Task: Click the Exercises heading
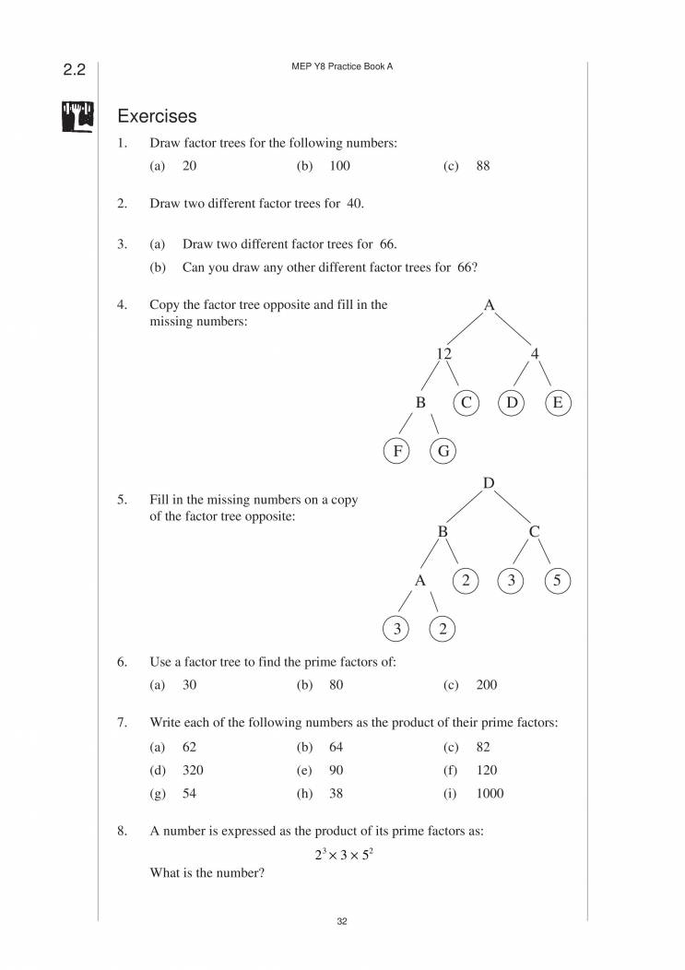(x=157, y=117)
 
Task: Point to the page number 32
(x=342, y=921)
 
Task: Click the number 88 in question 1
(x=484, y=166)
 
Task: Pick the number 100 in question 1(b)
(x=339, y=166)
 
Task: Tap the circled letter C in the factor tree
(x=467, y=402)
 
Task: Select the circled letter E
(x=558, y=402)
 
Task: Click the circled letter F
(x=396, y=451)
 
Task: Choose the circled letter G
(x=443, y=451)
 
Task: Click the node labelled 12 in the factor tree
(x=443, y=353)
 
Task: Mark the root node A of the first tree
(x=489, y=304)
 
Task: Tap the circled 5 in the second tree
(x=558, y=581)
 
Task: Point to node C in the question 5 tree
(x=535, y=532)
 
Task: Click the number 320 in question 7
(x=193, y=769)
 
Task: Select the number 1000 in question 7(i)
(x=490, y=793)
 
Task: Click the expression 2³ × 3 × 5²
(x=342, y=855)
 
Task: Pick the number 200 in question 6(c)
(x=487, y=685)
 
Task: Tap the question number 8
(x=122, y=831)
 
